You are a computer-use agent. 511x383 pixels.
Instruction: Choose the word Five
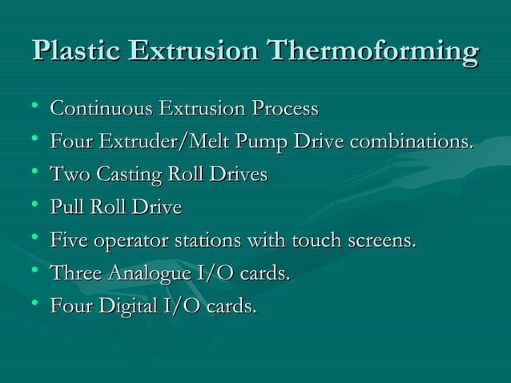point(69,241)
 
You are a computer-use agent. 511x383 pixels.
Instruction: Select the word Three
point(75,274)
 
